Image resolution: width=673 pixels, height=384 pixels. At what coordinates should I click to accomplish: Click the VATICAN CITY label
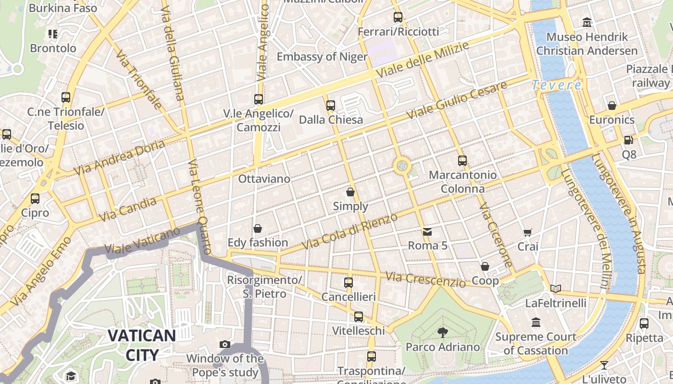point(141,345)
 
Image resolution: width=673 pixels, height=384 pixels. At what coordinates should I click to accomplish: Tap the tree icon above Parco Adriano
point(442,332)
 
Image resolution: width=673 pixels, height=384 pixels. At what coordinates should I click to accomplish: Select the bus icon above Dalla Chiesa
point(331,106)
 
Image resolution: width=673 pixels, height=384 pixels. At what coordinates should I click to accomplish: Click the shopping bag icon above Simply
point(350,192)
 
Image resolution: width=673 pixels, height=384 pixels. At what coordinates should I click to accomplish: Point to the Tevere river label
point(557,85)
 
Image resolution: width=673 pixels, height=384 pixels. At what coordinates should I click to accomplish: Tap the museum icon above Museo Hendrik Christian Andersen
point(587,22)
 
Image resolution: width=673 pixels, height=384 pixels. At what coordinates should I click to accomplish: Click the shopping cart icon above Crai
point(527,232)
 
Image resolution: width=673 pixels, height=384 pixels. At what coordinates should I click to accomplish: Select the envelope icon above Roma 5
point(427,232)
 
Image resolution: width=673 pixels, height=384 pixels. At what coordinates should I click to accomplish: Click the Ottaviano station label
point(264,179)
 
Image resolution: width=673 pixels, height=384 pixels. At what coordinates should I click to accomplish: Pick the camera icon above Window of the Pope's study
point(224,344)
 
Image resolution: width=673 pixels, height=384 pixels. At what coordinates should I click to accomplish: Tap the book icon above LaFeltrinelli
point(556,288)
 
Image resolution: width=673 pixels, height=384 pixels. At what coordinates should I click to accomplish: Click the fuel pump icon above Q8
point(628,140)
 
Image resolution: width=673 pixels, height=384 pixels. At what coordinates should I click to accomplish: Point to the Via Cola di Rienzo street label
point(349,232)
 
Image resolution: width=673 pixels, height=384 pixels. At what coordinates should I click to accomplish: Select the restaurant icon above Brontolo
point(53,34)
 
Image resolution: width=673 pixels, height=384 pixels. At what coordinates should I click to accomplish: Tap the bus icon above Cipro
point(35,198)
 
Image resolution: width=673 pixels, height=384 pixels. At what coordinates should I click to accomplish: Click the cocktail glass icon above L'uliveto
point(604,365)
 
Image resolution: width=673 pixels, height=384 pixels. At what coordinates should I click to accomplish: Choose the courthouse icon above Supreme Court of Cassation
point(536,323)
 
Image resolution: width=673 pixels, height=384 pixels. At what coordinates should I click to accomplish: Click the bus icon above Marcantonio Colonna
point(462,161)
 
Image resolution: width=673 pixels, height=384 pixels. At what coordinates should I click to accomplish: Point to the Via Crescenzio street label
point(425,279)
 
